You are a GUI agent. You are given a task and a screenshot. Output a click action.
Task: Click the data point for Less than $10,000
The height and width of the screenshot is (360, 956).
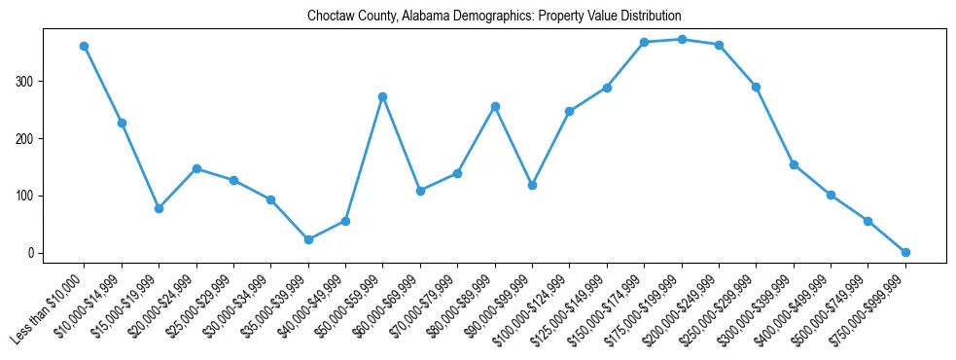85,46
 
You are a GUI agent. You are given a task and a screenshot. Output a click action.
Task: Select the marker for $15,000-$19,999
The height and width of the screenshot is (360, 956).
159,208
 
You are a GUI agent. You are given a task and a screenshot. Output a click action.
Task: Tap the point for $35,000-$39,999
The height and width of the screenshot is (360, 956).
308,239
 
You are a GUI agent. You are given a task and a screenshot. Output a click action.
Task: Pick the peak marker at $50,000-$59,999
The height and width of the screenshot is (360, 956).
383,96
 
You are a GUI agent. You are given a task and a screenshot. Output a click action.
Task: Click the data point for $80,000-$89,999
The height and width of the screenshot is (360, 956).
495,106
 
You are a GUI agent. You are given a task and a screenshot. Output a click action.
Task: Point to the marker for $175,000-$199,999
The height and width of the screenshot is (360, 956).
682,39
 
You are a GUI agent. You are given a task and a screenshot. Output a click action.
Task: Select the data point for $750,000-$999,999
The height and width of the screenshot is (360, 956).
905,252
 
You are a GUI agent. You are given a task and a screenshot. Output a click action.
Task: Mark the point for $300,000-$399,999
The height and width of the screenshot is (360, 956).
794,164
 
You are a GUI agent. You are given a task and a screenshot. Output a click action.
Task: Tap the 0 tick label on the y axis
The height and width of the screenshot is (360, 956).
32,253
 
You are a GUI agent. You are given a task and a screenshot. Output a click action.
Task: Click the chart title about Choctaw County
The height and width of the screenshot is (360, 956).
494,17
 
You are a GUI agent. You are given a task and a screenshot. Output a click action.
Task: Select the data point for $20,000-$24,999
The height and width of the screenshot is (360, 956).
196,168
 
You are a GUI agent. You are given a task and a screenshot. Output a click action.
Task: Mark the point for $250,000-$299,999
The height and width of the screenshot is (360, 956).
756,87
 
